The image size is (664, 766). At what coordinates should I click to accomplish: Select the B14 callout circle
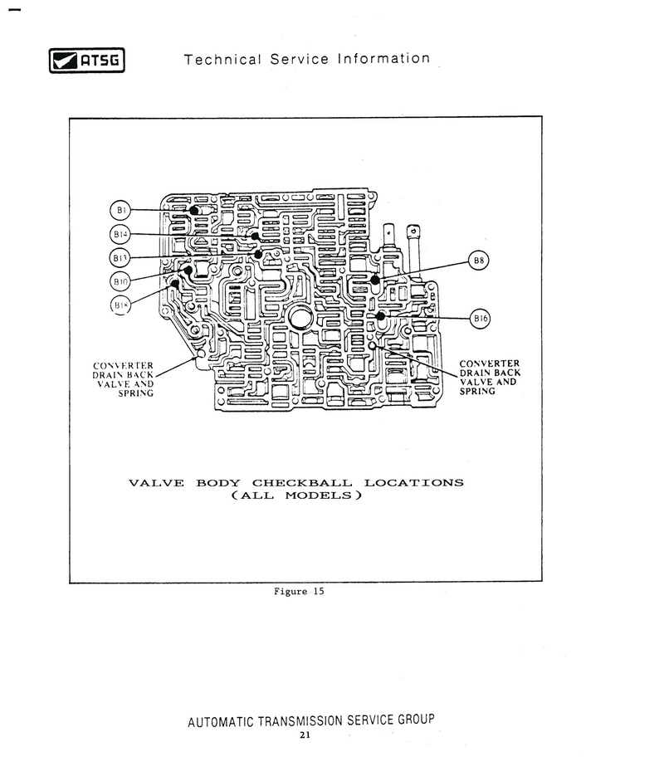(x=121, y=234)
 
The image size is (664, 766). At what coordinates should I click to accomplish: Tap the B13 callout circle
(x=121, y=257)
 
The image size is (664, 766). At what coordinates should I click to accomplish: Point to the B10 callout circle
(x=121, y=281)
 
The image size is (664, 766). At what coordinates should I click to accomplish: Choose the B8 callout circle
(x=479, y=261)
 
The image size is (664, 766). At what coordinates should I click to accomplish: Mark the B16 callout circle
(x=481, y=318)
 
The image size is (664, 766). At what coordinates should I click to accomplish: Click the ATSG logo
(x=85, y=61)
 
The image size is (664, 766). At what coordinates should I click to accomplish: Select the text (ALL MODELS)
(x=296, y=496)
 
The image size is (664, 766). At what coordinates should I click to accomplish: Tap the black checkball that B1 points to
(x=194, y=211)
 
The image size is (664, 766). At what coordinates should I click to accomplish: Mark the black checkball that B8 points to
(x=375, y=280)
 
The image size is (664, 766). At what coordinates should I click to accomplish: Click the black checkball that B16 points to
(x=380, y=316)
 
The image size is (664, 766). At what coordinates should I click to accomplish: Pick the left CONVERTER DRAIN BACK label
(x=123, y=378)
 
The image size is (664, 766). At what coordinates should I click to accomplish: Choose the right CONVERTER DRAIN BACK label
(x=490, y=377)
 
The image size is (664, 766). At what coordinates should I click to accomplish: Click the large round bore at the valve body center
(x=300, y=317)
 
